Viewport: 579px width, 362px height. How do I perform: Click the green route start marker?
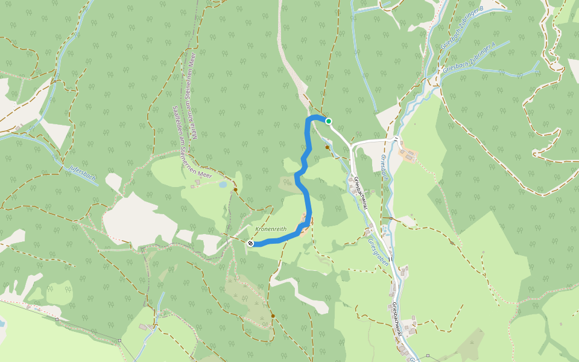click(329, 121)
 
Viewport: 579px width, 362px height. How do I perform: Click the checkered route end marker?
click(250, 243)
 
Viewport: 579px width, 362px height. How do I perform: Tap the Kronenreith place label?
click(270, 229)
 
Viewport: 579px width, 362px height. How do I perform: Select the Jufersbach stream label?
click(82, 173)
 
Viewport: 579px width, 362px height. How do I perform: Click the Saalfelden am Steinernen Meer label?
click(180, 139)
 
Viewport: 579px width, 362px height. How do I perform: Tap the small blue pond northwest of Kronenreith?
click(223, 185)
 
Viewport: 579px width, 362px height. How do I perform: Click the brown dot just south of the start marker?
click(327, 147)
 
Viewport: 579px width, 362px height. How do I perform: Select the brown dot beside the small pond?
click(235, 190)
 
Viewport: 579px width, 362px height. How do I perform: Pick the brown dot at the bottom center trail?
click(273, 316)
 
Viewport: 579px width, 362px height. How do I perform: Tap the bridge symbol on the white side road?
click(396, 139)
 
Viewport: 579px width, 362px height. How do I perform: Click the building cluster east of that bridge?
click(408, 154)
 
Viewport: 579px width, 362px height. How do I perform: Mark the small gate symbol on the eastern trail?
click(452, 243)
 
